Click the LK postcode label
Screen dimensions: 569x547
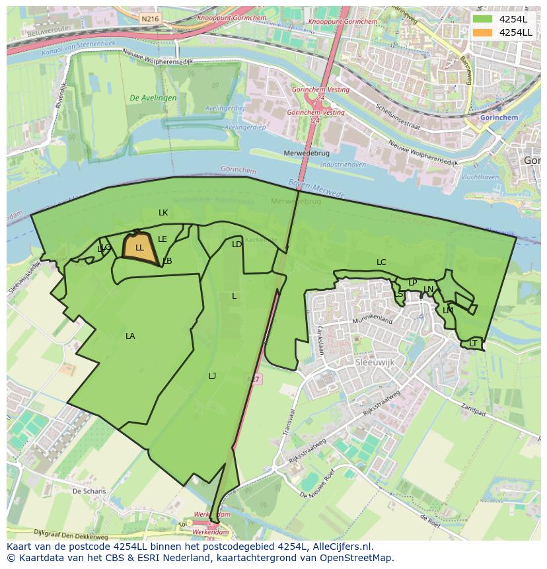(x=163, y=213)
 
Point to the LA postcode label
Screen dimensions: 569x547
(x=130, y=336)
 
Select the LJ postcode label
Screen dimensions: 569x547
(x=212, y=376)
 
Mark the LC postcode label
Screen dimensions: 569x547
(x=381, y=262)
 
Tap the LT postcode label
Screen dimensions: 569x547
(x=473, y=344)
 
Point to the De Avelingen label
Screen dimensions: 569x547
(x=153, y=98)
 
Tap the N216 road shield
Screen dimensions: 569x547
(x=150, y=19)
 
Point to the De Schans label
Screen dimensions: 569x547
(x=89, y=492)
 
